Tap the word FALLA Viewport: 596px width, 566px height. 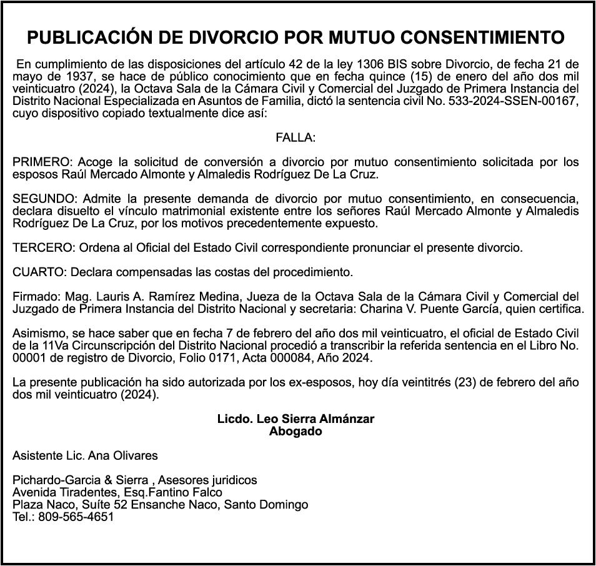pyautogui.click(x=296, y=137)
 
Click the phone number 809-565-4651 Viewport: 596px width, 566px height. pyautogui.click(x=76, y=517)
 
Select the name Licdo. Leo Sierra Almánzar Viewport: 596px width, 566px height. pyautogui.click(x=296, y=419)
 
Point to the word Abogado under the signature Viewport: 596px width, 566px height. pyautogui.click(x=296, y=430)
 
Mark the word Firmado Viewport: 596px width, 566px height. pyautogui.click(x=33, y=297)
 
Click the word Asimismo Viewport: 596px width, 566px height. pyautogui.click(x=37, y=334)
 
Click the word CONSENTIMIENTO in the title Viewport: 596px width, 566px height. pyautogui.click(x=482, y=38)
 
